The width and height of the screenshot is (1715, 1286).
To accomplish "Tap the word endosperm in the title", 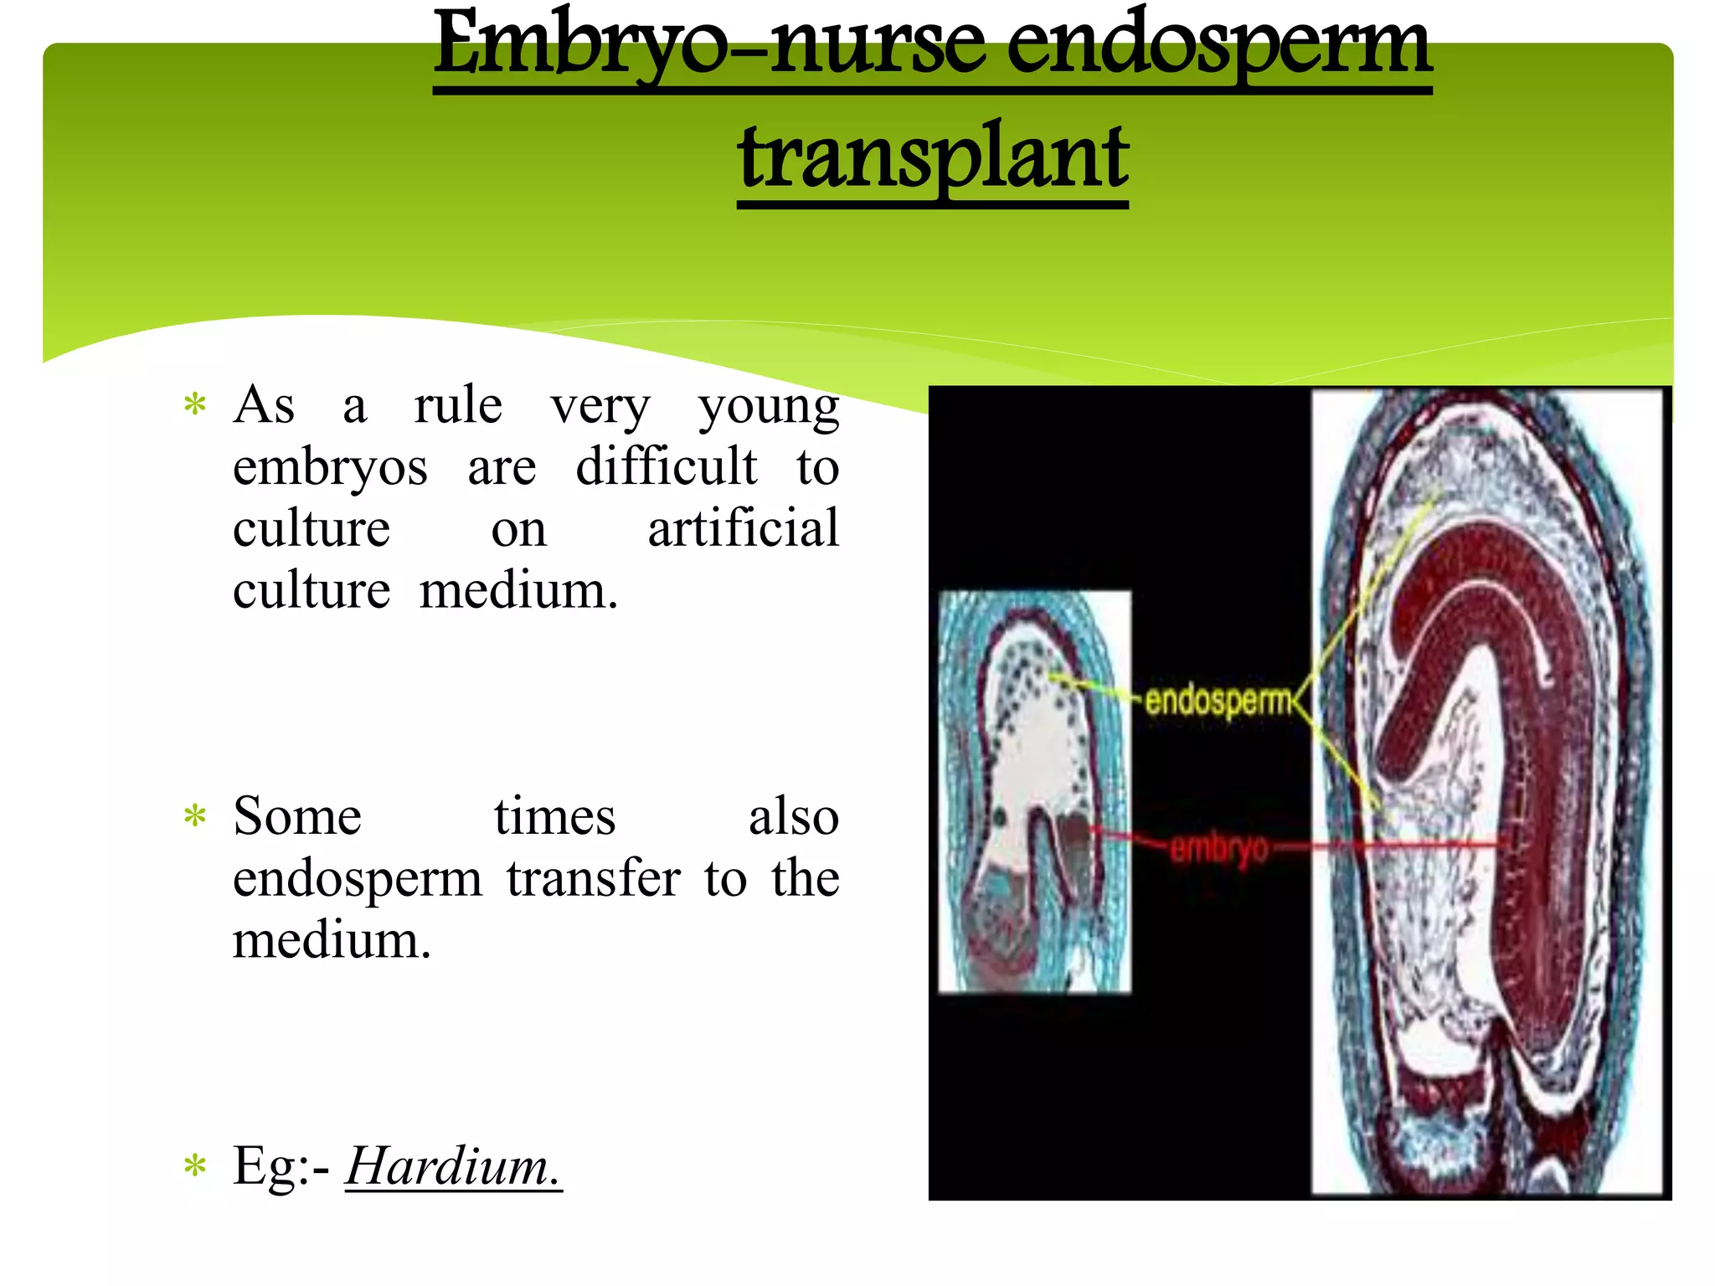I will [x=1218, y=46].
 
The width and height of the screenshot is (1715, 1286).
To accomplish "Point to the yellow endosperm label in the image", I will [x=1218, y=700].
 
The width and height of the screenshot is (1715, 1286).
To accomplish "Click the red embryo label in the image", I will [x=1219, y=848].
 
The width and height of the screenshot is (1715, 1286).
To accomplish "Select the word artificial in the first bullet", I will [x=743, y=528].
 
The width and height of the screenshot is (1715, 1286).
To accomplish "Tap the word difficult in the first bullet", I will [x=666, y=466].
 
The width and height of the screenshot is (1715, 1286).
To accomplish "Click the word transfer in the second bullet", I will [x=593, y=878].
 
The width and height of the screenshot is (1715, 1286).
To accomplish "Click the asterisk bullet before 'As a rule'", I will [x=195, y=405].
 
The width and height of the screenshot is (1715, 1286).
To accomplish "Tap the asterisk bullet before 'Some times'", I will [x=195, y=815].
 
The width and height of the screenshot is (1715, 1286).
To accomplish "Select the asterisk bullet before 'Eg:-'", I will [x=195, y=1165].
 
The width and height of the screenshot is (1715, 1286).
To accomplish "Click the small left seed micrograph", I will [x=1034, y=791].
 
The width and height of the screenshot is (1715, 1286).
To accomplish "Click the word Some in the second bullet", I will [x=297, y=816].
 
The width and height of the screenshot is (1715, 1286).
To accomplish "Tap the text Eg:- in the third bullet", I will [x=281, y=1166].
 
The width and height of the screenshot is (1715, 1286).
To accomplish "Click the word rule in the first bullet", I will [x=458, y=405].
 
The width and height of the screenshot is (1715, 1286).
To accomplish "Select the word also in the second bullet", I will [x=793, y=816].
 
